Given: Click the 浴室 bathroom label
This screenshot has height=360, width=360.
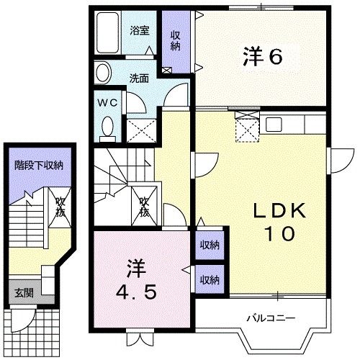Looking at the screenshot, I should pos(140,30).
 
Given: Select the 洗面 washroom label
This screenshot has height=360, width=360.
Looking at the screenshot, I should pos(140,78).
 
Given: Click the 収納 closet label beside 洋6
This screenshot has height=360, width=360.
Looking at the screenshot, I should pos(176,40).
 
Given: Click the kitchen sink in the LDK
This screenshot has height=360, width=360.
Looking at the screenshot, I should pos(275,124).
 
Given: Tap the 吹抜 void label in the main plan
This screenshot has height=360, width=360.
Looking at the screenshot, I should pos(144,207).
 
